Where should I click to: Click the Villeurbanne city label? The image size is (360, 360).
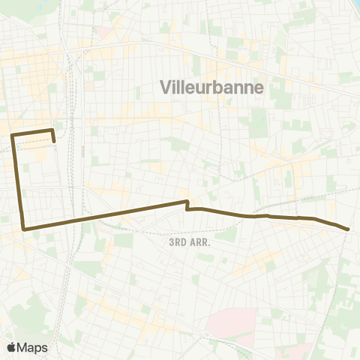(212, 88)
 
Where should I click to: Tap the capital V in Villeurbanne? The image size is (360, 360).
(166, 88)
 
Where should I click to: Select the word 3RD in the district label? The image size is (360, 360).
(178, 242)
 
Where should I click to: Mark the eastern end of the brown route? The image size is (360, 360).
(349, 229)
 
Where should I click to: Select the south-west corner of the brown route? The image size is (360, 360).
(25, 228)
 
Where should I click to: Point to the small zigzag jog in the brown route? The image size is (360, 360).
(187, 205)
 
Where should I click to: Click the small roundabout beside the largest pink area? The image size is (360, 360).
(206, 334)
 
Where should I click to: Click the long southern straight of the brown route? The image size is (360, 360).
(112, 214)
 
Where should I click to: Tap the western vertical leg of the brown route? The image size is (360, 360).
(19, 180)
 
